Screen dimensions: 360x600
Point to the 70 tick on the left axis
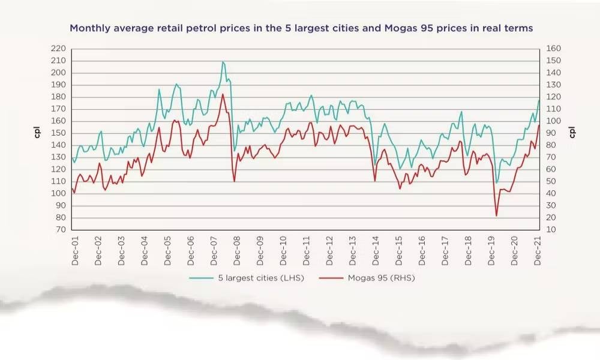[60, 230]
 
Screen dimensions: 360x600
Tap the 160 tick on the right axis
[554, 49]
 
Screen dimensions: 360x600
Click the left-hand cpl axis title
[37, 133]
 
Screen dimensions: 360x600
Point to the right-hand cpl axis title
[572, 133]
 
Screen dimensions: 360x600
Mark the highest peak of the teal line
[223, 62]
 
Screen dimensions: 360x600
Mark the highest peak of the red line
[223, 94]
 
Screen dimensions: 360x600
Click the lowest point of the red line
[496, 215]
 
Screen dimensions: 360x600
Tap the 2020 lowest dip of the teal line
[496, 183]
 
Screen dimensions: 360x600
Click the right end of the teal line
[539, 100]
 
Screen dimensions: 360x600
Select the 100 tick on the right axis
[554, 121]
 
